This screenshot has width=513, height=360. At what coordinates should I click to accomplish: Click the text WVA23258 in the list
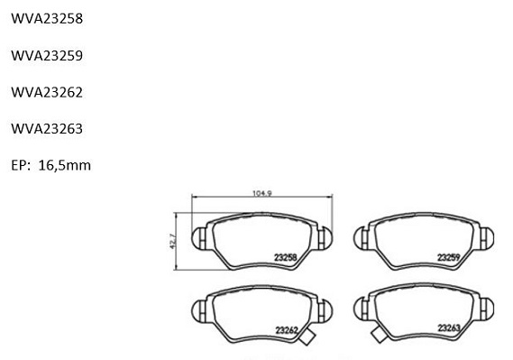coord(47,19)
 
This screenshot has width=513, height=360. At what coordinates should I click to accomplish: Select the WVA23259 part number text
coord(47,56)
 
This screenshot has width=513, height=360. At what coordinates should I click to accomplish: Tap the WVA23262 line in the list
coord(47,92)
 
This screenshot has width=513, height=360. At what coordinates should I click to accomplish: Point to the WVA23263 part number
coord(47,129)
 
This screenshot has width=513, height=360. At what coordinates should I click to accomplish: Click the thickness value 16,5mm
coord(64,166)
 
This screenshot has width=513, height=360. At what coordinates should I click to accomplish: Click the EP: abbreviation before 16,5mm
coord(21,165)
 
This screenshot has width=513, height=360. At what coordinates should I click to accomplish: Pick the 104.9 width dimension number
coord(262,193)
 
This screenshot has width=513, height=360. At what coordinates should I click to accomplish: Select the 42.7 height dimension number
coord(173,241)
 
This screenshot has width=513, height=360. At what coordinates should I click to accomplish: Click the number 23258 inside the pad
coord(285,257)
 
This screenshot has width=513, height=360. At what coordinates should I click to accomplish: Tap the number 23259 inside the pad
coord(449,257)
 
